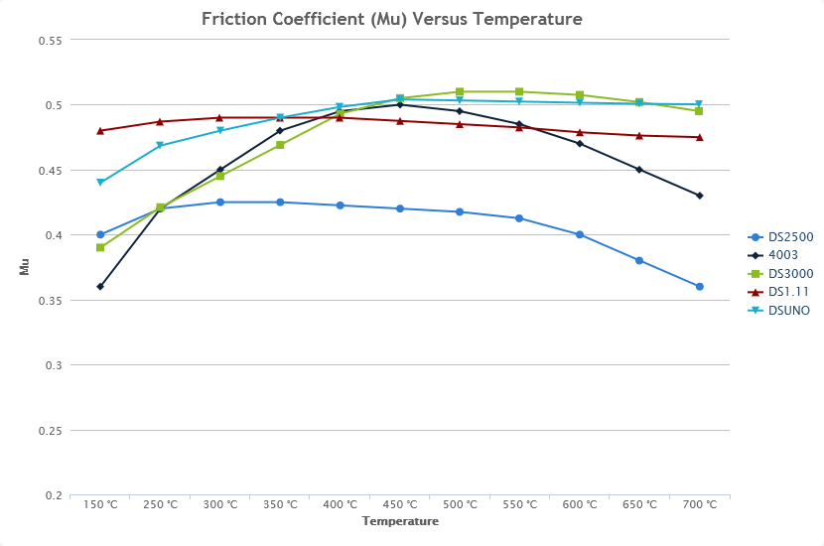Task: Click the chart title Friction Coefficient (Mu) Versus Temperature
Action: pyautogui.click(x=391, y=19)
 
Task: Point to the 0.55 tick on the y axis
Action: pyautogui.click(x=50, y=41)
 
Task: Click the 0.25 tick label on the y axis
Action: pyautogui.click(x=50, y=431)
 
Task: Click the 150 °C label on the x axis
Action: pyautogui.click(x=100, y=504)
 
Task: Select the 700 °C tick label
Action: pyautogui.click(x=699, y=504)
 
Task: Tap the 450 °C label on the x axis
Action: pyautogui.click(x=400, y=504)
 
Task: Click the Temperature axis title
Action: pyautogui.click(x=400, y=521)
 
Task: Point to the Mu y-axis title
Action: pyautogui.click(x=24, y=267)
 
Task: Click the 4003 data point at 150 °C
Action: pyautogui.click(x=100, y=287)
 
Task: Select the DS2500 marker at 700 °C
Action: pyautogui.click(x=699, y=287)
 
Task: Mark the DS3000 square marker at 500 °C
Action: pyautogui.click(x=460, y=92)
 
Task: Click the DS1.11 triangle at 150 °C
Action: pyautogui.click(x=100, y=131)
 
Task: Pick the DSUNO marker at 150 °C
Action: pyautogui.click(x=100, y=183)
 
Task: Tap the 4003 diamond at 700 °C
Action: pyautogui.click(x=699, y=196)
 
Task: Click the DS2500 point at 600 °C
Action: pyautogui.click(x=580, y=235)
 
